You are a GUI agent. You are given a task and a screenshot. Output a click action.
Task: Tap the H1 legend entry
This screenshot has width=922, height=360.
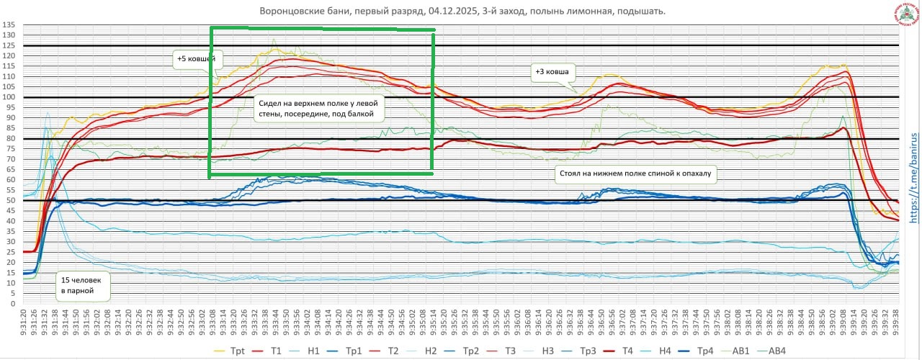tap(313, 351)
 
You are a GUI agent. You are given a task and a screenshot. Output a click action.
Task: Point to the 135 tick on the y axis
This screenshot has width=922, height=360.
tap(9, 25)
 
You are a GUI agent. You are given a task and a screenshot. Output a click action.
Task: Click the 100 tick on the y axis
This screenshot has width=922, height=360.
tap(9, 97)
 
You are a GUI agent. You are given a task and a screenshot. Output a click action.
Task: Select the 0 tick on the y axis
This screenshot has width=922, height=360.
tap(13, 304)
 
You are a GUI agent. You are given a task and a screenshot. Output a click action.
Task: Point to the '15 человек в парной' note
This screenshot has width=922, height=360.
tap(84, 287)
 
